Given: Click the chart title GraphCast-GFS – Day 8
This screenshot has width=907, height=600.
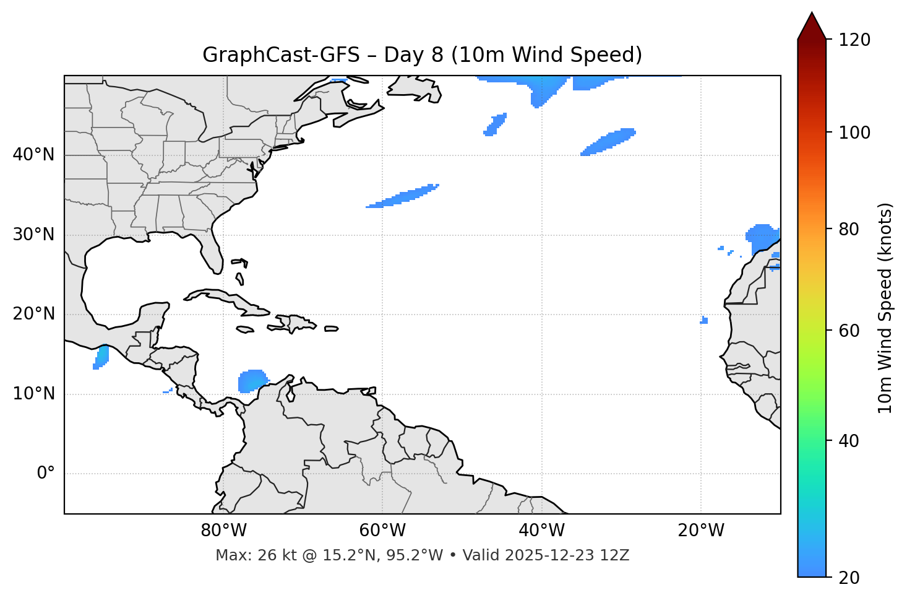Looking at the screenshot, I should pyautogui.click(x=422, y=55).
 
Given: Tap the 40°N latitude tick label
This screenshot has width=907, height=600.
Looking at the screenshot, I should pyautogui.click(x=33, y=155).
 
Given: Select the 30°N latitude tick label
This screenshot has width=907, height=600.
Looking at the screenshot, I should pyautogui.click(x=33, y=235).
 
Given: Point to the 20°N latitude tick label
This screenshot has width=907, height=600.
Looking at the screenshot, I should pyautogui.click(x=33, y=314).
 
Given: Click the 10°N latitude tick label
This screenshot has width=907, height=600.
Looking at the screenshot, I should pyautogui.click(x=33, y=394).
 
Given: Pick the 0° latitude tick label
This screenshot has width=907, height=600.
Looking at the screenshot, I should pyautogui.click(x=46, y=474).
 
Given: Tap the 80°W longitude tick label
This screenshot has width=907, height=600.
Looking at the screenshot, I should pyautogui.click(x=223, y=531).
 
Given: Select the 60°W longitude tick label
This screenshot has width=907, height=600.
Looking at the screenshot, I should pyautogui.click(x=382, y=531).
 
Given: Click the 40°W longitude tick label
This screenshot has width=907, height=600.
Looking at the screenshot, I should pyautogui.click(x=541, y=531).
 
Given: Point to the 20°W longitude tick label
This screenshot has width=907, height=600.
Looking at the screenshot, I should pyautogui.click(x=700, y=531).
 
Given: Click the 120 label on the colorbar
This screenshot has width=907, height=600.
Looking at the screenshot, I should pyautogui.click(x=854, y=40).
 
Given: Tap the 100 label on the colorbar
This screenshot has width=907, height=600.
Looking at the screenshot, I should pyautogui.click(x=854, y=133).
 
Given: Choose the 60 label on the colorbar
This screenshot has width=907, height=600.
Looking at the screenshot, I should pyautogui.click(x=851, y=331).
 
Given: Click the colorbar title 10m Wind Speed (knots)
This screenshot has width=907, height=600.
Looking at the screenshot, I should pyautogui.click(x=885, y=308).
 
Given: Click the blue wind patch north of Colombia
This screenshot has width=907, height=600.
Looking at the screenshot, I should pyautogui.click(x=252, y=380).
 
